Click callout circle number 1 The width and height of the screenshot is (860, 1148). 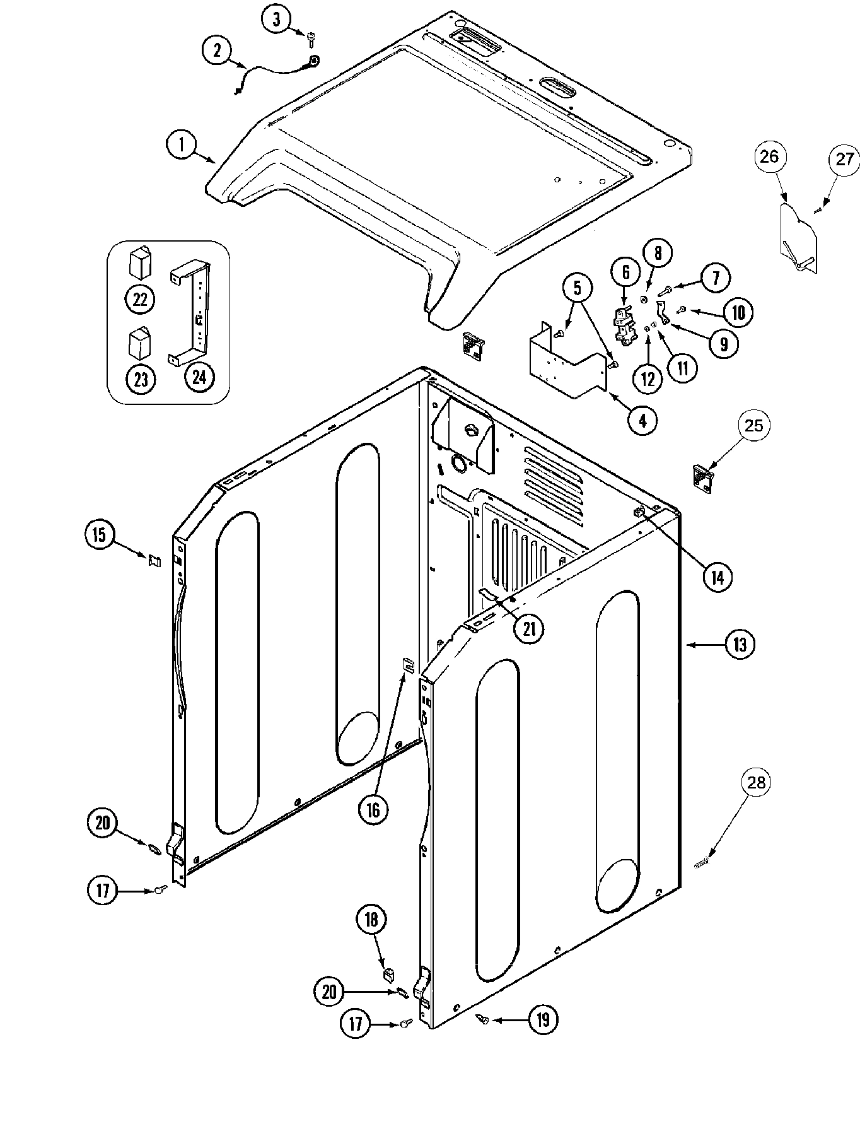pos(181,146)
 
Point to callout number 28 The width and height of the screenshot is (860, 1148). pos(756,783)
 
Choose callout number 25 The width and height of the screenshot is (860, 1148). pos(754,426)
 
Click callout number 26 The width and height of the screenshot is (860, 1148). pos(769,156)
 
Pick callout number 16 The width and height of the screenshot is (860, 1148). pos(373,809)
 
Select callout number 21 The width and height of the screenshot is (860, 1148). pos(528,628)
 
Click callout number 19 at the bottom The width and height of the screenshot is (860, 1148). pos(543,1019)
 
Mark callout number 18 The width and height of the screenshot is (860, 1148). pos(371,920)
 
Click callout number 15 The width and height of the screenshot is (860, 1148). pos(100,535)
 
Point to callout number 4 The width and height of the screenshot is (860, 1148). pos(642,420)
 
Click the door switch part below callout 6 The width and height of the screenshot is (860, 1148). pos(624,323)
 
